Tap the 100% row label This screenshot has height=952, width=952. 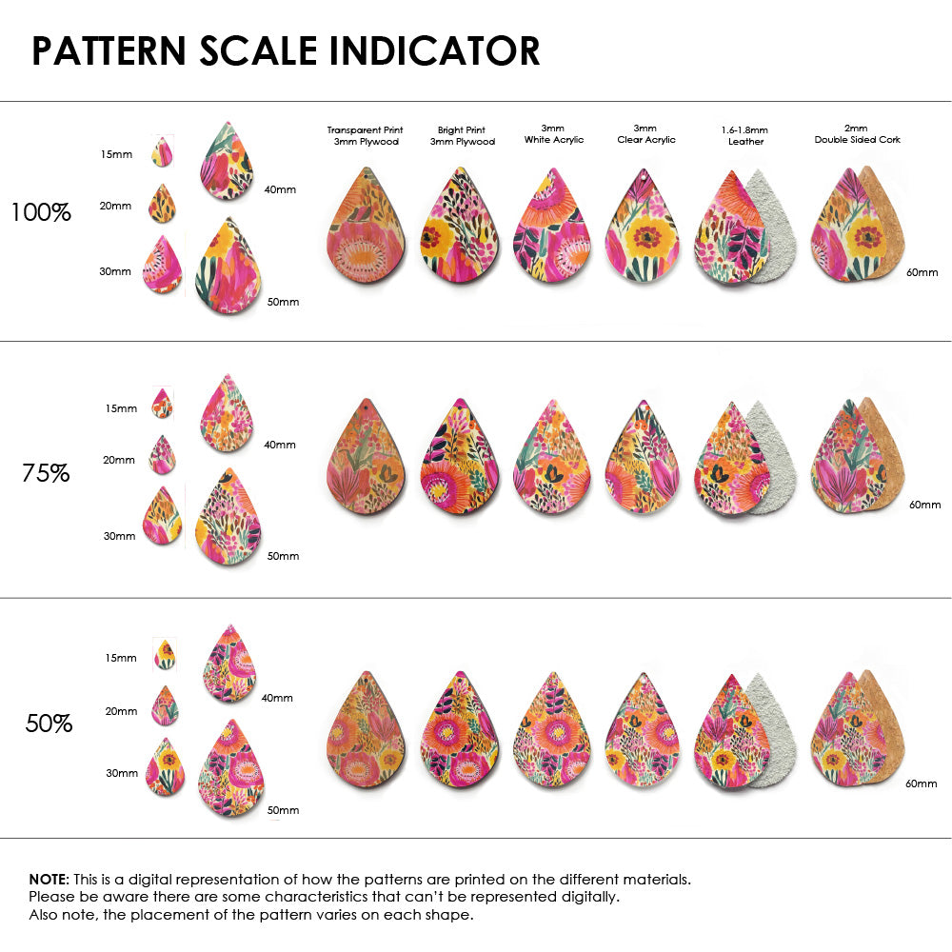pyautogui.click(x=41, y=212)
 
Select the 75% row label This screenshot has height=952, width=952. pyautogui.click(x=46, y=472)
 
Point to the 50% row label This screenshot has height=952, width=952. pyautogui.click(x=49, y=724)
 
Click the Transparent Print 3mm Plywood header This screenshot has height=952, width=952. pyautogui.click(x=365, y=135)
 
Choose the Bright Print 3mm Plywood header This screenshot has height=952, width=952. pyautogui.click(x=461, y=135)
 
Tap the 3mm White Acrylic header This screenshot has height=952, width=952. pyautogui.click(x=554, y=133)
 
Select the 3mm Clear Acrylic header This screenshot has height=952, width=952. pyautogui.click(x=646, y=133)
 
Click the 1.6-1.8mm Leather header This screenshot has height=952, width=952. pyautogui.click(x=745, y=135)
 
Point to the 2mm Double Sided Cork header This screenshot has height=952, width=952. pyautogui.click(x=857, y=133)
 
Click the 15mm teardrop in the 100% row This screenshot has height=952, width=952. pyautogui.click(x=162, y=151)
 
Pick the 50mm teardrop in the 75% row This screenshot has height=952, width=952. pyautogui.click(x=228, y=523)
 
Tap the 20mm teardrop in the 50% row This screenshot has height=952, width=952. pyautogui.click(x=165, y=706)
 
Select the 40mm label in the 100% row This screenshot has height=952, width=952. pyautogui.click(x=280, y=189)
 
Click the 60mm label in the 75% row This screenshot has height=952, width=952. pyautogui.click(x=924, y=505)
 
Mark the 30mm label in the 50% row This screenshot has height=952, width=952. pyautogui.click(x=122, y=773)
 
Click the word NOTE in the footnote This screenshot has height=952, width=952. pyautogui.click(x=48, y=879)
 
